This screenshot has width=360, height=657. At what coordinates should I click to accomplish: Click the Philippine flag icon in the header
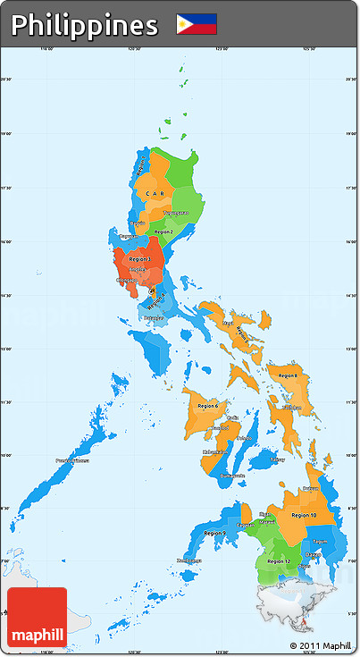point(196,24)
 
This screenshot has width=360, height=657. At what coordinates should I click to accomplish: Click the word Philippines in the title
point(84,25)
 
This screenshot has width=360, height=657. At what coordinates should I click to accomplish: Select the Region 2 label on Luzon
point(163,232)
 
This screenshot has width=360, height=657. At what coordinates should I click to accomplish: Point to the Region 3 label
point(140,259)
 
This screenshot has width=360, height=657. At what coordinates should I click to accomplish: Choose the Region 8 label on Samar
point(289,375)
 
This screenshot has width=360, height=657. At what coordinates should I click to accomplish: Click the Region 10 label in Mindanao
point(304,515)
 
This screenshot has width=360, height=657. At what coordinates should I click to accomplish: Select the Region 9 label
point(214,533)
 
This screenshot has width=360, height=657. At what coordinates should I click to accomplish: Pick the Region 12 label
point(279,561)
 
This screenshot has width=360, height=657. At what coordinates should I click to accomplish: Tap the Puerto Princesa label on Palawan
point(72,460)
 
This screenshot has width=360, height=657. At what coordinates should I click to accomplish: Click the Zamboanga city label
point(188,560)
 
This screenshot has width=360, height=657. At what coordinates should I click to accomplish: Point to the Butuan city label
point(310,489)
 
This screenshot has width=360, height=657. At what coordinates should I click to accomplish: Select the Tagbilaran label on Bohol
point(279,459)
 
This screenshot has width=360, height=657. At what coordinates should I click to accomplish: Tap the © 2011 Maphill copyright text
point(320,645)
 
